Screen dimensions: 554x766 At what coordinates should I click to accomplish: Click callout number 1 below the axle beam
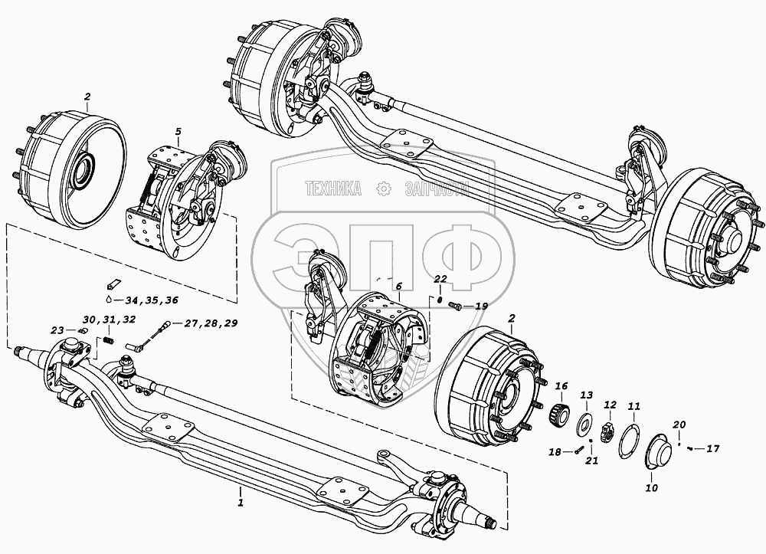tap(241, 503)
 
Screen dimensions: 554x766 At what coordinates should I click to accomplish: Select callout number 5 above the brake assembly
tap(178, 132)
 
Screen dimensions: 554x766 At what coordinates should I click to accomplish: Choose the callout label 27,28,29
tap(209, 323)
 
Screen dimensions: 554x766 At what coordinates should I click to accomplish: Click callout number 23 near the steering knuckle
tap(58, 330)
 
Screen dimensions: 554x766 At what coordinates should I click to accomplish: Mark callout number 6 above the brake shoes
tap(398, 286)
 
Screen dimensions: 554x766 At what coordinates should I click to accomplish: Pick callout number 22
tap(440, 278)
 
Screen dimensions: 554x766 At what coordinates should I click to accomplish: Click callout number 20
tap(679, 425)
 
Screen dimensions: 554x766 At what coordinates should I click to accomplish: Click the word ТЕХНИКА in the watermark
tap(334, 188)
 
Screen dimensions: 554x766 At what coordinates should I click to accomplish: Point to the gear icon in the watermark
tap(380, 188)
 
